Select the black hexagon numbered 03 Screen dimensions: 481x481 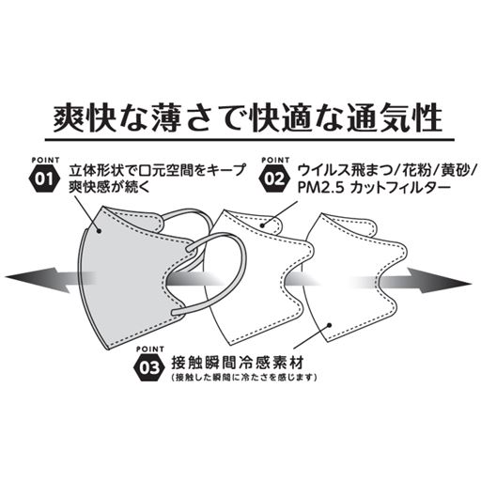point(147,366)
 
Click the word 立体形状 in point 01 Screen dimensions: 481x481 point(95,170)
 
